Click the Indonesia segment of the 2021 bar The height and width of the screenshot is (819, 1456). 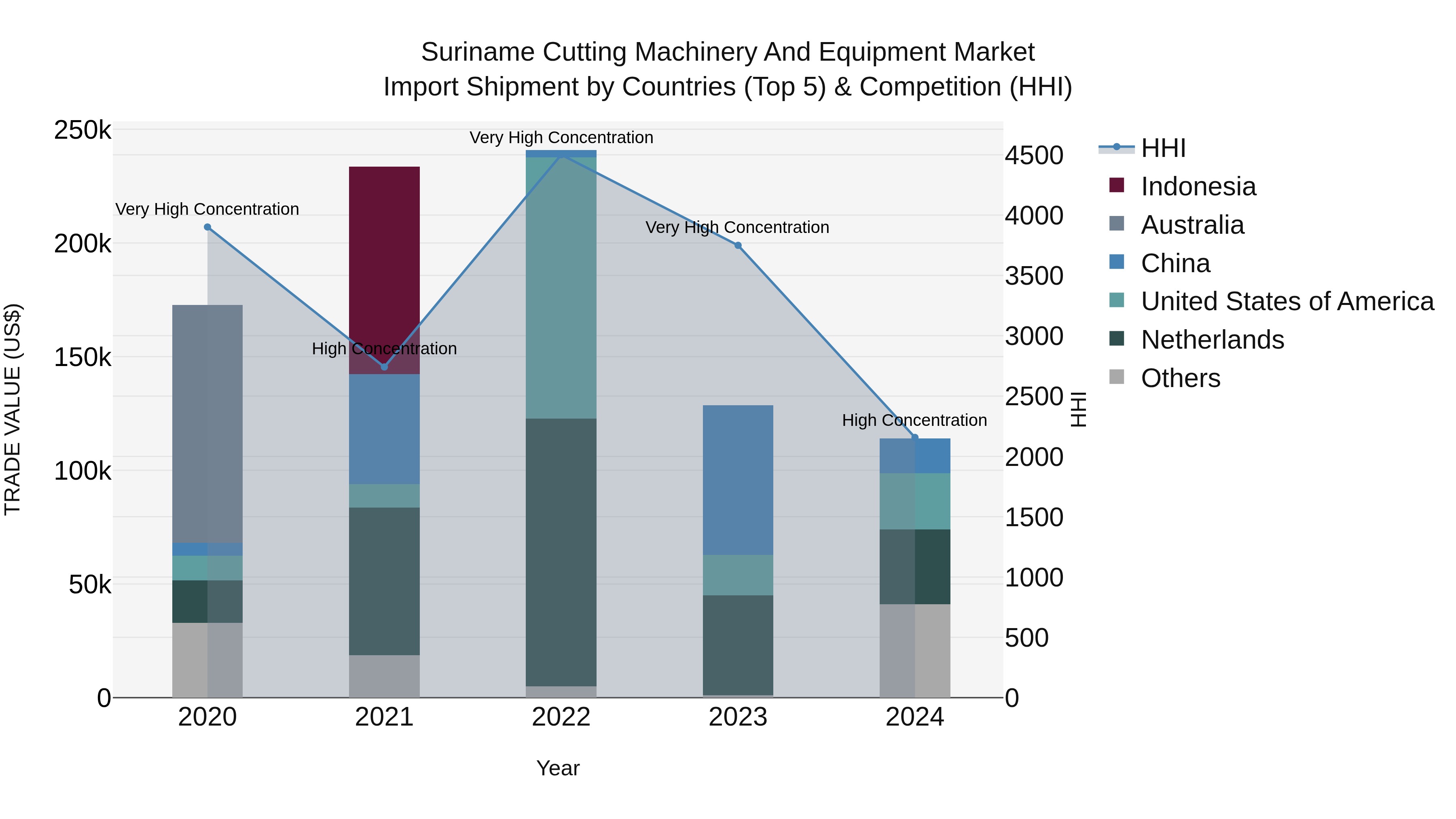[x=384, y=254]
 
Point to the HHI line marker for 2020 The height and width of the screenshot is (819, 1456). [x=207, y=227]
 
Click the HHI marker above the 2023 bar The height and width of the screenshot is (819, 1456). [x=738, y=245]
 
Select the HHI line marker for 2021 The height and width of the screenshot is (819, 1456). [x=384, y=367]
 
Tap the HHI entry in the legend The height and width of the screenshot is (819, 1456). [x=1163, y=148]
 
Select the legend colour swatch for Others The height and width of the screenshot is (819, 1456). [x=1116, y=377]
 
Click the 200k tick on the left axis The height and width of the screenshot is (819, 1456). [x=83, y=244]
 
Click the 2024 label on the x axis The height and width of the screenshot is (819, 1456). [x=914, y=717]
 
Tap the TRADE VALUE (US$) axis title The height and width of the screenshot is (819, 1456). [x=13, y=409]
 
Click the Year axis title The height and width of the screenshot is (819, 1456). [x=557, y=768]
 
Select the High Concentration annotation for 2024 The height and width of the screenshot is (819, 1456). [x=914, y=421]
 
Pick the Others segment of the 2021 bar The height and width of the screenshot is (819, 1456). [x=384, y=676]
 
